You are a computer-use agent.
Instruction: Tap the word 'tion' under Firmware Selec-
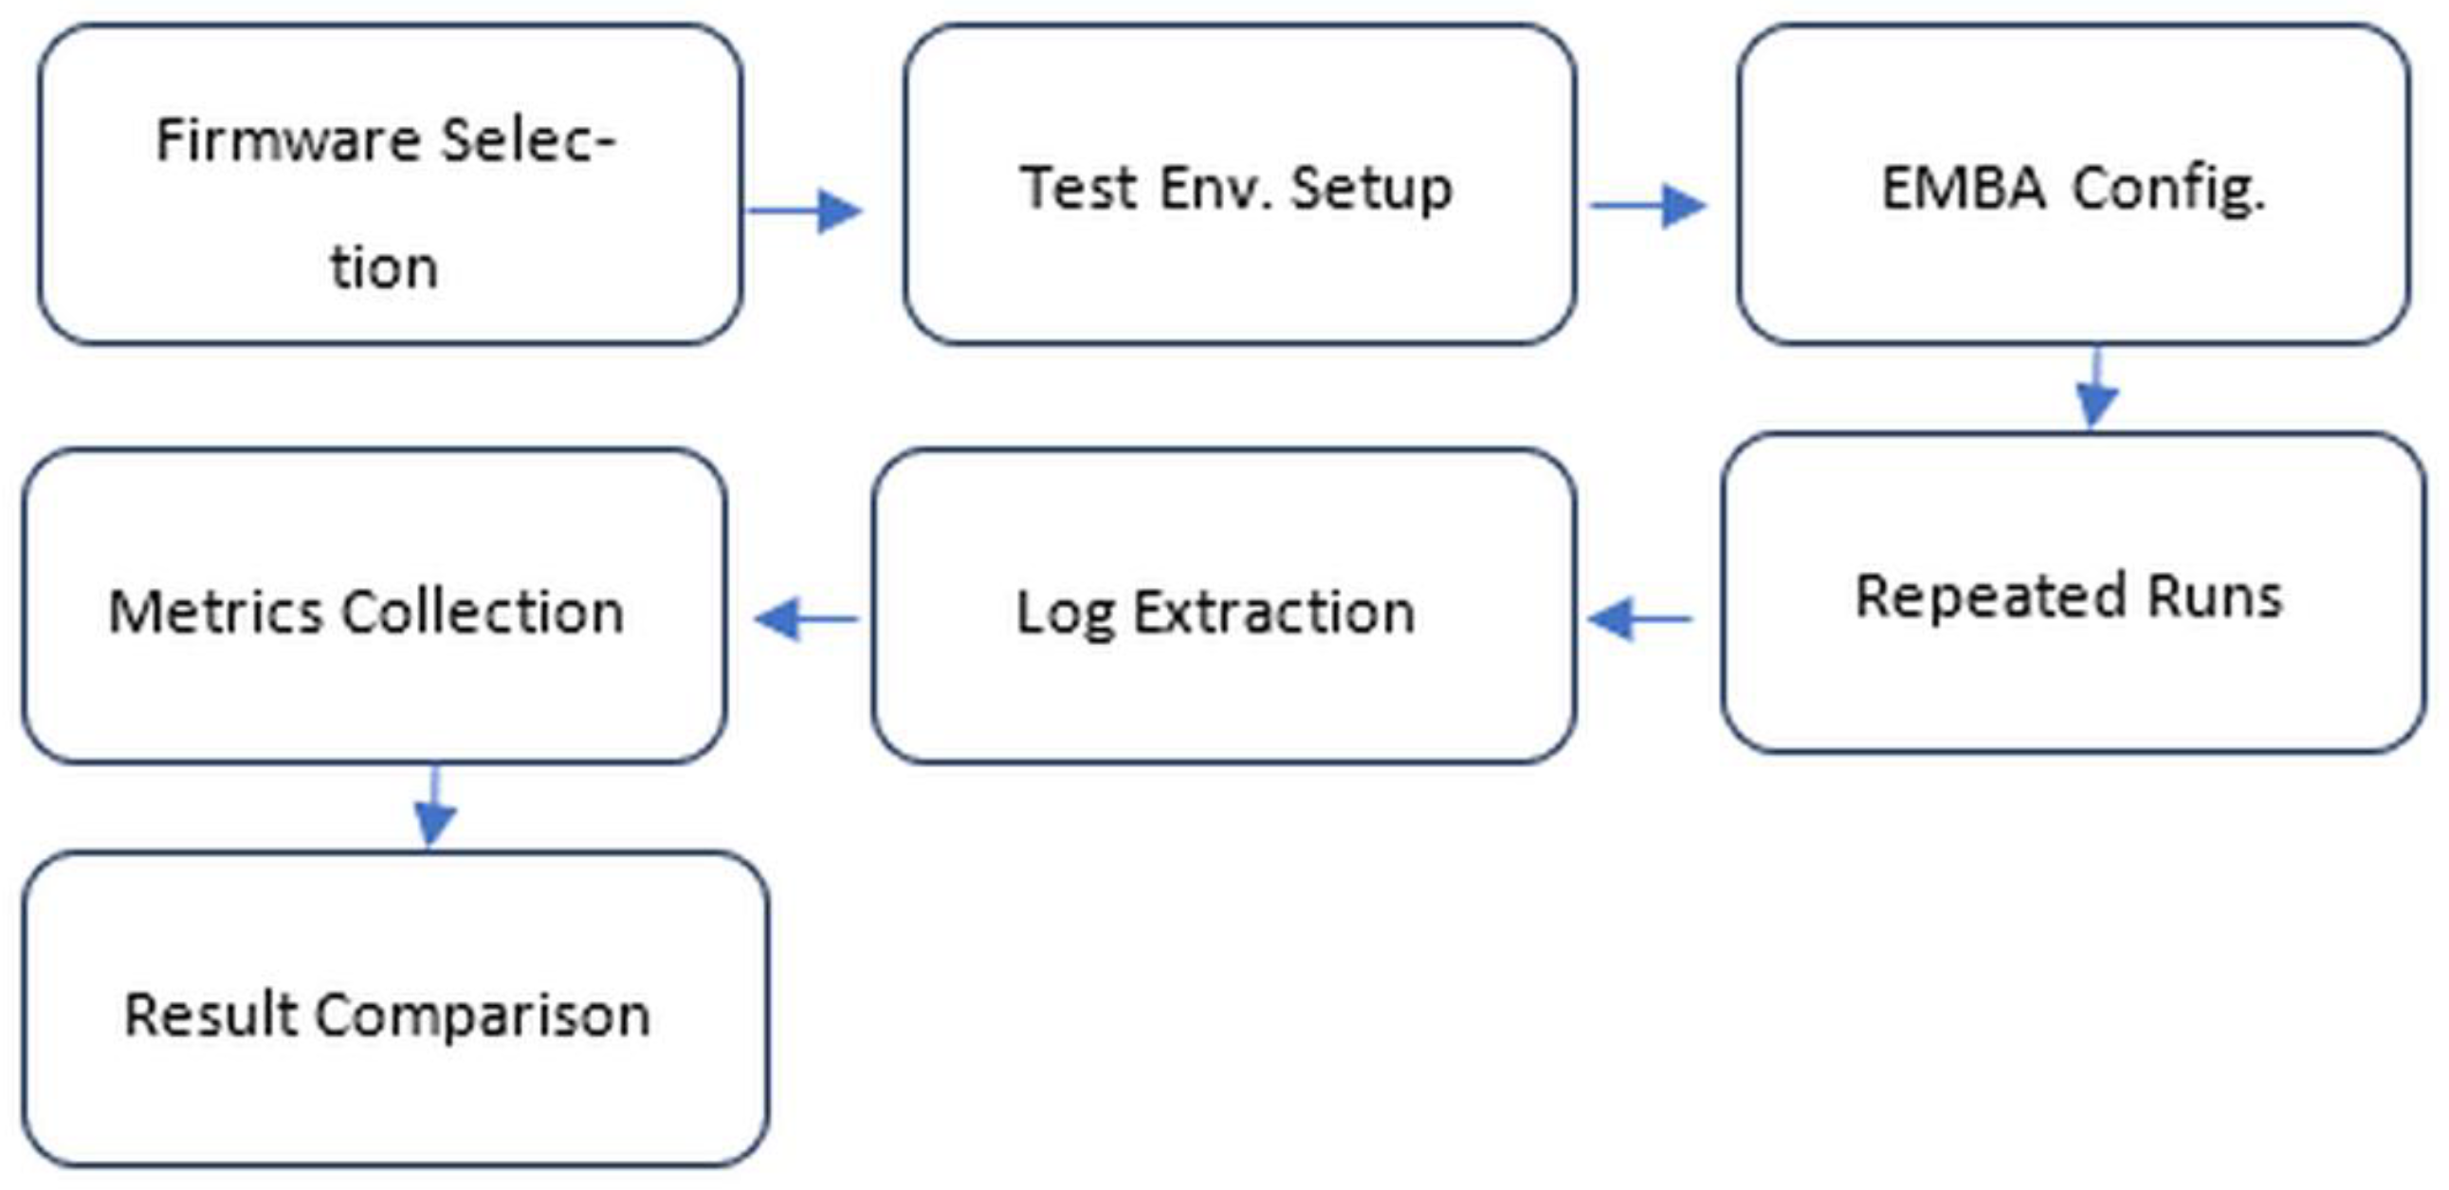[x=384, y=268]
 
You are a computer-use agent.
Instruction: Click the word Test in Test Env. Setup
[x=1078, y=187]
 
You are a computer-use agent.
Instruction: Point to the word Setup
[x=1371, y=189]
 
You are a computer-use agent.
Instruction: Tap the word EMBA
[x=1964, y=187]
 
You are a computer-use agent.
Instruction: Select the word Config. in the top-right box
[x=2168, y=189]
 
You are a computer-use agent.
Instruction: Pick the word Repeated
[x=1991, y=598]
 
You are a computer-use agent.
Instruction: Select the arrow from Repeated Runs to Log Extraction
[x=1641, y=619]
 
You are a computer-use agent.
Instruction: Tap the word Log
[x=1065, y=614]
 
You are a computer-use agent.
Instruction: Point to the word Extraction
[x=1274, y=613]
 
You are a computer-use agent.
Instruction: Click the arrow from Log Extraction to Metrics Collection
[x=807, y=620]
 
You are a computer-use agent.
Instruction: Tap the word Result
[x=211, y=1015]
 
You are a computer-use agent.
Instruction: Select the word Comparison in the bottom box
[x=482, y=1016]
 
